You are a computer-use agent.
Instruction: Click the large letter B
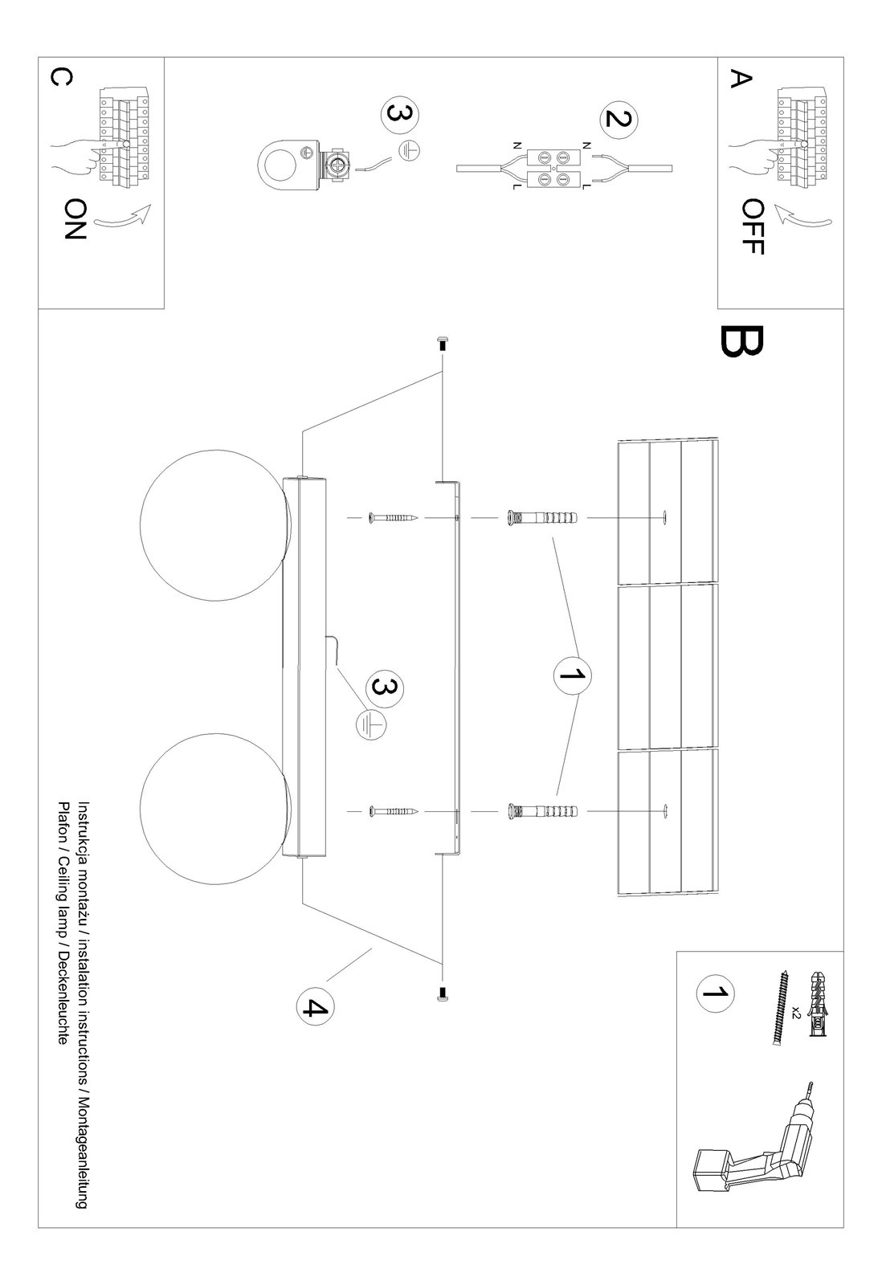[741, 341]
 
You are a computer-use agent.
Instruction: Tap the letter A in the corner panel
[740, 79]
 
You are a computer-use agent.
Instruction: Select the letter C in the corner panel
[60, 76]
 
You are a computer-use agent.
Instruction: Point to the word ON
[73, 219]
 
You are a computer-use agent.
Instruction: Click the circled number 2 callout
[617, 118]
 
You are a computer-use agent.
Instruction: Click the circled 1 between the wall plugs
[572, 675]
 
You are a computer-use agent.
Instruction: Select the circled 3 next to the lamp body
[385, 688]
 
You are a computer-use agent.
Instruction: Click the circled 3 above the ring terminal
[399, 114]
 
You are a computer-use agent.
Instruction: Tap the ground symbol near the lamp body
[370, 724]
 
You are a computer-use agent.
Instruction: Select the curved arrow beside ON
[122, 216]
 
